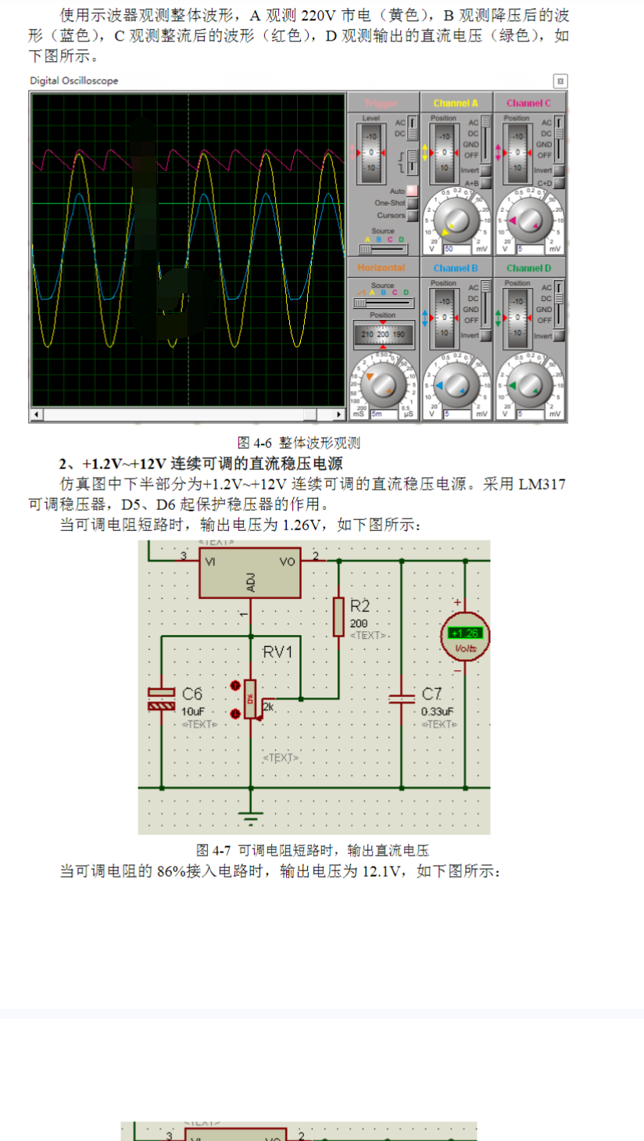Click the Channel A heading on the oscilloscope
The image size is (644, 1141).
(x=456, y=103)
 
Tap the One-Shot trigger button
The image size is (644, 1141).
(x=413, y=203)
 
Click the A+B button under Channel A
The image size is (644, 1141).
(x=485, y=183)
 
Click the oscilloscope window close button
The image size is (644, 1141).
(x=560, y=81)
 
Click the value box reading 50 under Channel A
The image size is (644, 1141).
(x=456, y=249)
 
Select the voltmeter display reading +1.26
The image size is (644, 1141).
(x=466, y=633)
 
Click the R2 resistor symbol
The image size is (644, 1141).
(x=338, y=617)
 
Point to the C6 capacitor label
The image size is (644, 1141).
(x=192, y=694)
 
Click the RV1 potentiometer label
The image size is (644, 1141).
(x=278, y=651)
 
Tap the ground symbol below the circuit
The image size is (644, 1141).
(x=251, y=820)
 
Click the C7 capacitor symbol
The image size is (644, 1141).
(x=402, y=698)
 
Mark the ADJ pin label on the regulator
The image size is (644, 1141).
(x=251, y=581)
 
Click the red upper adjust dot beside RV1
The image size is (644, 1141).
(x=236, y=687)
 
